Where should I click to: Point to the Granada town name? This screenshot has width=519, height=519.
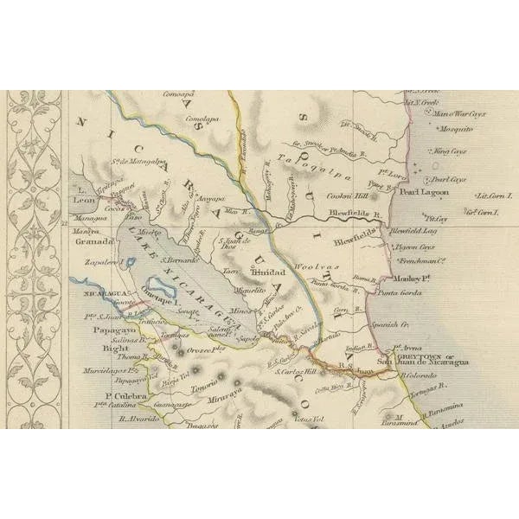click(90, 243)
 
